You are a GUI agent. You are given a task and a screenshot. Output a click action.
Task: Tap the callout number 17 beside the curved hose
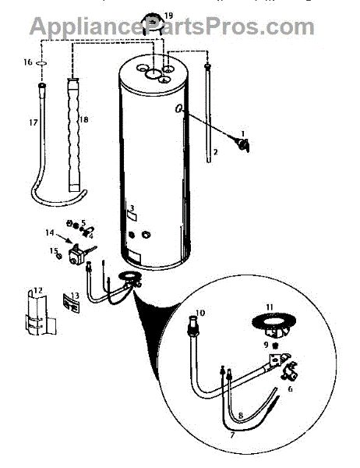tap(31, 122)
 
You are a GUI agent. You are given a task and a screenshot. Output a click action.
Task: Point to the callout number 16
tap(27, 61)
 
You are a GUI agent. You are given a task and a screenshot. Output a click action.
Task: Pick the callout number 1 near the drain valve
tap(242, 133)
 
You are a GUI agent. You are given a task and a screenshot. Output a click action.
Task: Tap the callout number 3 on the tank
tap(133, 208)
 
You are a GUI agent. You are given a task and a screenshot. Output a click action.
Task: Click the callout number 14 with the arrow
tap(48, 232)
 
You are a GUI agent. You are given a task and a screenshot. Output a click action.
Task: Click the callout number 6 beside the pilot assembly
tap(291, 388)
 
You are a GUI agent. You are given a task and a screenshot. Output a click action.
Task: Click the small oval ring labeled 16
tap(41, 61)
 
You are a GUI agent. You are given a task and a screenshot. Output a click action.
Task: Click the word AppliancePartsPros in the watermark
tap(140, 27)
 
